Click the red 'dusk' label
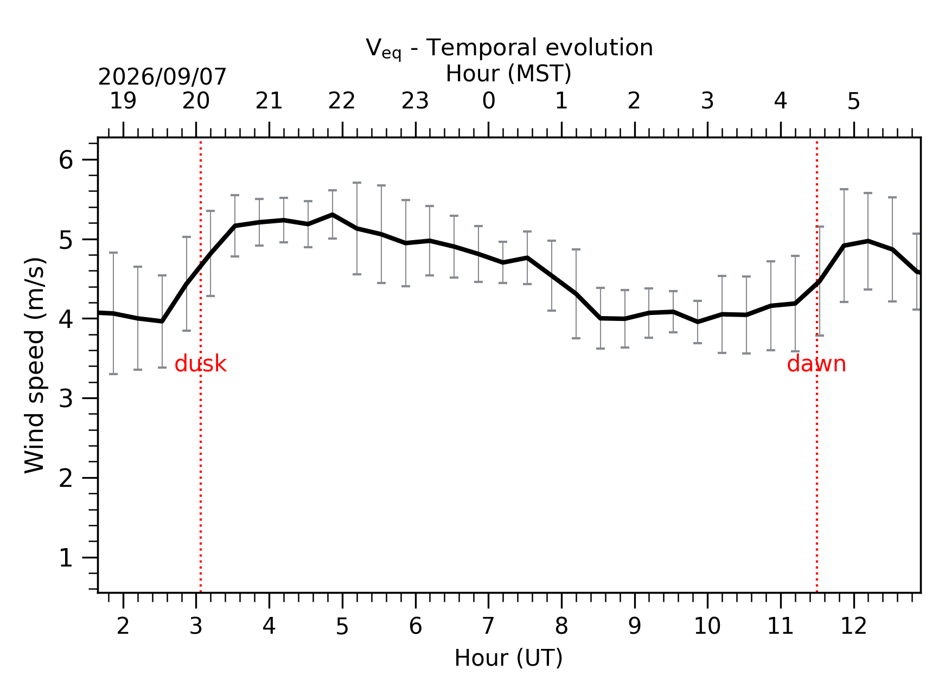(200, 364)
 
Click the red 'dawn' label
(816, 364)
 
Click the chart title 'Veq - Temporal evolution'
(509, 48)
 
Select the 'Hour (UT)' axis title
(508, 658)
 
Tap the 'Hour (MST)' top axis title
(508, 74)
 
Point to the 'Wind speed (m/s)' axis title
(35, 365)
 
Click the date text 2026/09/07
(162, 77)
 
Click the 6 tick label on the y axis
(66, 160)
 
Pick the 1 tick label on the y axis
(66, 558)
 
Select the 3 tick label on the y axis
(66, 399)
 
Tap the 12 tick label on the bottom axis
(853, 626)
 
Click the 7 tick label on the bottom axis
(488, 626)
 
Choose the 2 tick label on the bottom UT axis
(123, 626)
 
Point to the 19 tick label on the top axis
(123, 101)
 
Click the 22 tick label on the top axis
(342, 101)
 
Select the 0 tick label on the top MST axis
(488, 101)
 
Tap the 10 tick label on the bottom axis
(707, 626)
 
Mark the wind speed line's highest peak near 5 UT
(332, 215)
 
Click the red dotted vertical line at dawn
(816, 366)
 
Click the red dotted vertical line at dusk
(201, 366)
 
